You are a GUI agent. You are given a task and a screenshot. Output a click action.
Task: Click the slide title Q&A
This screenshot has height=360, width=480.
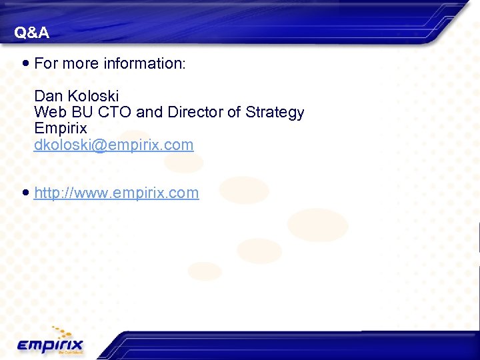[31, 33]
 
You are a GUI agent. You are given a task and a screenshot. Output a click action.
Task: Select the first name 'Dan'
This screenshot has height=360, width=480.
[48, 96]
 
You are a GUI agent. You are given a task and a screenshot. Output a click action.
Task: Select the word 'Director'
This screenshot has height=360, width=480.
[195, 112]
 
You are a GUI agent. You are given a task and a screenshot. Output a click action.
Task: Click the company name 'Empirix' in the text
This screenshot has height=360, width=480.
[60, 128]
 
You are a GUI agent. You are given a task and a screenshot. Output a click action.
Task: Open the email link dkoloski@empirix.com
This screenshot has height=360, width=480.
[113, 145]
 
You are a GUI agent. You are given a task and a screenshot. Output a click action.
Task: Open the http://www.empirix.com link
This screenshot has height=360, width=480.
[116, 193]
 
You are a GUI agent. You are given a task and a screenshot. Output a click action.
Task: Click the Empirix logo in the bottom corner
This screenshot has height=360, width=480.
[51, 345]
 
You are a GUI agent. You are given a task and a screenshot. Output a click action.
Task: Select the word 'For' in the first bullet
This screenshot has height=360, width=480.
[46, 64]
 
